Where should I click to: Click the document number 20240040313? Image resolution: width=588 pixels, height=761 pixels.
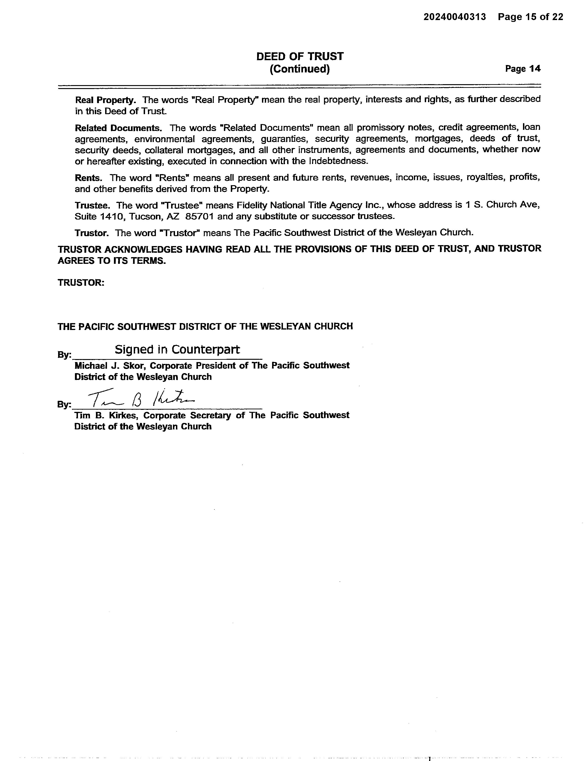tap(454, 17)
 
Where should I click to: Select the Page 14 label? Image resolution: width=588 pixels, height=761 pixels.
tap(523, 69)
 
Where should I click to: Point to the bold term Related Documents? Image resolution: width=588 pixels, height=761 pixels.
tap(118, 128)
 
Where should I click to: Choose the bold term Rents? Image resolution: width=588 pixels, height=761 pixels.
tap(88, 178)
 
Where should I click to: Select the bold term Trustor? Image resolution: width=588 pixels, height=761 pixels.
tap(92, 233)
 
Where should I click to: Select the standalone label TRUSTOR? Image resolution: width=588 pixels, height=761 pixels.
tap(81, 282)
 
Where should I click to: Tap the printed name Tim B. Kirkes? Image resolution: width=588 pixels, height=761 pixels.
tap(105, 415)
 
